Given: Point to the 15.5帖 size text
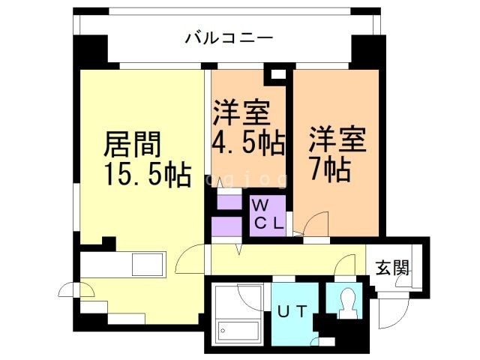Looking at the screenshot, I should coord(146,175).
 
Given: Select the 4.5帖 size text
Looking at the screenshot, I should coord(248,143).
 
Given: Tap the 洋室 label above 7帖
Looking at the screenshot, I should coord(337,138).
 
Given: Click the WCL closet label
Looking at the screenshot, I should coord(267,214).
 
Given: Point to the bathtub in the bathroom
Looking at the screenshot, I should coord(237,329).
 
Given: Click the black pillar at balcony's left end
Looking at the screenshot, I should coord(90,50).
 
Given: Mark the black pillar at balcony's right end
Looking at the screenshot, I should coord(368,50).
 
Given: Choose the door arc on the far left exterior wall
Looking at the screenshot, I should coord(67,289).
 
